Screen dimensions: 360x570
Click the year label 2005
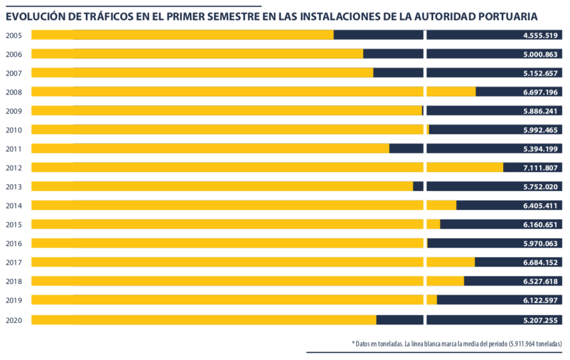(x=13, y=35)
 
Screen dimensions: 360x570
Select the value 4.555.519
(x=540, y=35)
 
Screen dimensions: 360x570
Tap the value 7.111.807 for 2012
(x=540, y=167)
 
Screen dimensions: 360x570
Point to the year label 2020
(x=13, y=320)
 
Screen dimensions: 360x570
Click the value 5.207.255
(x=540, y=320)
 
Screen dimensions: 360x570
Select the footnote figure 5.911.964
(x=523, y=344)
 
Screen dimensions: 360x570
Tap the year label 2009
(x=13, y=111)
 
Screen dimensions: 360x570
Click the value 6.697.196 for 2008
(x=540, y=92)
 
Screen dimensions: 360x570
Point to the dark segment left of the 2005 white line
(x=379, y=35)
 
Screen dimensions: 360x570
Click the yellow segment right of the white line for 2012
(x=465, y=167)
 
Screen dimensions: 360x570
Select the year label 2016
(x=13, y=243)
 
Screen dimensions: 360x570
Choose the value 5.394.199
(x=540, y=149)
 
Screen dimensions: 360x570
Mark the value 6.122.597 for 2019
(x=540, y=300)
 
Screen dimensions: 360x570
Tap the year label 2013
(x=13, y=186)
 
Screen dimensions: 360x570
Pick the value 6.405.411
(x=540, y=205)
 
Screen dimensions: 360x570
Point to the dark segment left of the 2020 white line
(x=400, y=320)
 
